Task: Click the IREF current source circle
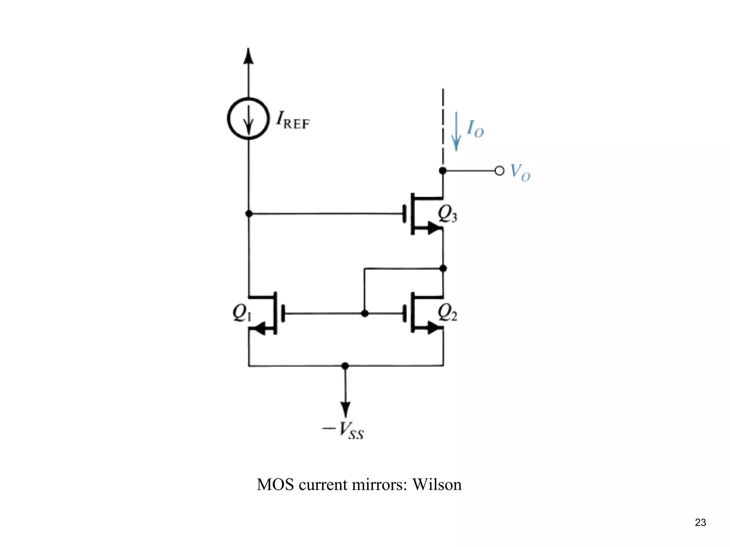point(248,118)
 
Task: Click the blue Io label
point(475,129)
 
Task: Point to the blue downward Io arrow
point(456,132)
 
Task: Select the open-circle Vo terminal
point(500,171)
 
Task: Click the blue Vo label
point(520,172)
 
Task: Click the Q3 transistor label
point(447,214)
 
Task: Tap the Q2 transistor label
point(447,313)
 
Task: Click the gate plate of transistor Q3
point(405,214)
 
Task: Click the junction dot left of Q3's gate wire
point(249,214)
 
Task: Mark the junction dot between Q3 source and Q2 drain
point(443,268)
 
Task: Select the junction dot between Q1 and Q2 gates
point(364,313)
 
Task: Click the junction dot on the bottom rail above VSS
point(345,366)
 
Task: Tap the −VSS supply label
point(343,430)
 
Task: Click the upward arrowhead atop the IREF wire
point(248,56)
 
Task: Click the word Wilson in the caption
point(437,485)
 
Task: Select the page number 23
point(700,522)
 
